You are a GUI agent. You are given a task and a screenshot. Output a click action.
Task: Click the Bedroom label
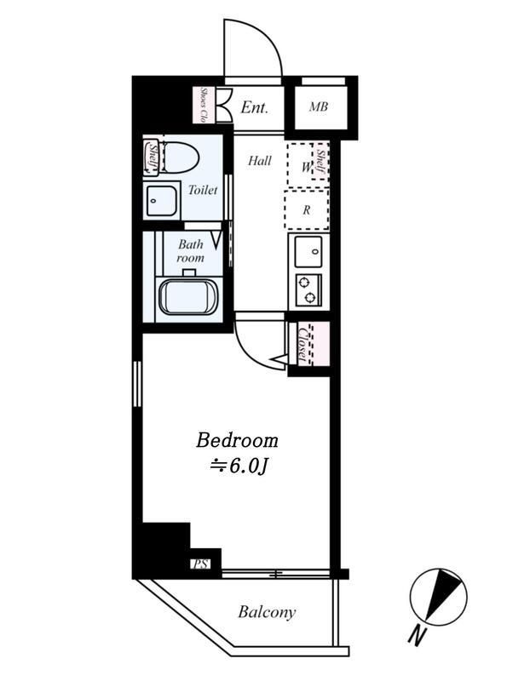[x=237, y=440]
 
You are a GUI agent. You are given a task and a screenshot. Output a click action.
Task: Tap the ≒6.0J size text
[x=238, y=466]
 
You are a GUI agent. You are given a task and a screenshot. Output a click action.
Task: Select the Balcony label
[x=267, y=612]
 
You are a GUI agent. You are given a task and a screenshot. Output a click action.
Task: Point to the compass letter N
[x=417, y=636]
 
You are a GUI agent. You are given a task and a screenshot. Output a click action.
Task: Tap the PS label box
[x=200, y=564]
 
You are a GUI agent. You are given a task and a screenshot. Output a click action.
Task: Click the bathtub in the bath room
[x=187, y=296]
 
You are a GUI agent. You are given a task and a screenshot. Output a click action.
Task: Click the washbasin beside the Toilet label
[x=162, y=200]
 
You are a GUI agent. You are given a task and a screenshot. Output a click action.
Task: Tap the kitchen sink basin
[x=308, y=251]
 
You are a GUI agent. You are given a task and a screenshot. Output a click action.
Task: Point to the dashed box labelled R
[x=307, y=210]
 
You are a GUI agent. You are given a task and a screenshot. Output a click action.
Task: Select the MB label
[x=319, y=106]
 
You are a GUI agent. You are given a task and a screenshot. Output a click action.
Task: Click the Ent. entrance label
[x=254, y=107]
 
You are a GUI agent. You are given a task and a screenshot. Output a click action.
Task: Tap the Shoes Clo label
[x=203, y=105]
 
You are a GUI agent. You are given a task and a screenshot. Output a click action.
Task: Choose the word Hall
[x=260, y=161]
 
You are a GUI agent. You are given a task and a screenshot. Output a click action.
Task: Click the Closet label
[x=303, y=343]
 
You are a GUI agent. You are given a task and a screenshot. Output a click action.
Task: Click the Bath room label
[x=190, y=251]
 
